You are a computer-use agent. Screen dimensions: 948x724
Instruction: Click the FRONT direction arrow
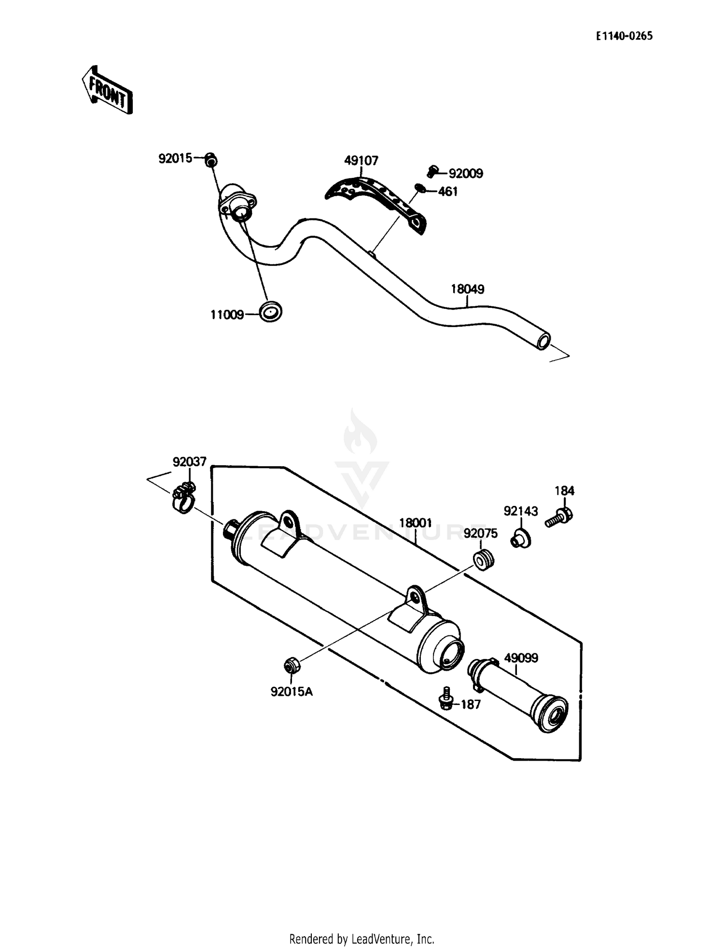click(106, 90)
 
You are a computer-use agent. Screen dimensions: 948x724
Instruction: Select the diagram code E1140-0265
click(624, 36)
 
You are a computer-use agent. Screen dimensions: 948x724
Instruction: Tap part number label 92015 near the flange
click(175, 158)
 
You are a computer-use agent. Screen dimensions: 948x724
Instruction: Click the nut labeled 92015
click(210, 159)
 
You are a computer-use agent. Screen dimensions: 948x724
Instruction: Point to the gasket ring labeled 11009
click(270, 312)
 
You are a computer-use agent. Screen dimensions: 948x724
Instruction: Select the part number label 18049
click(467, 289)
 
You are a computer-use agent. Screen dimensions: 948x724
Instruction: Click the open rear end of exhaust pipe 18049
click(543, 341)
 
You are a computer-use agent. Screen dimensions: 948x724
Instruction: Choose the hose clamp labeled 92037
click(183, 498)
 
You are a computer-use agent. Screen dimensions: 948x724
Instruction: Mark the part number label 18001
click(415, 523)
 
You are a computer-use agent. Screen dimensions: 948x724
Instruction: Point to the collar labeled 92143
click(521, 539)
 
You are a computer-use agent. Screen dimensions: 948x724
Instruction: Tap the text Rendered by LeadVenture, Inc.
click(362, 938)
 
